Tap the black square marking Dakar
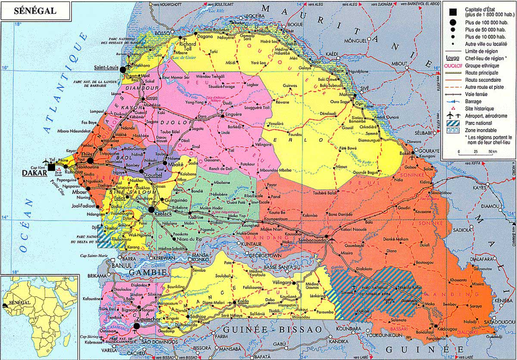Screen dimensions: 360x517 coord(52,167)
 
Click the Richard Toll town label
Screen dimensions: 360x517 coord(188,43)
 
